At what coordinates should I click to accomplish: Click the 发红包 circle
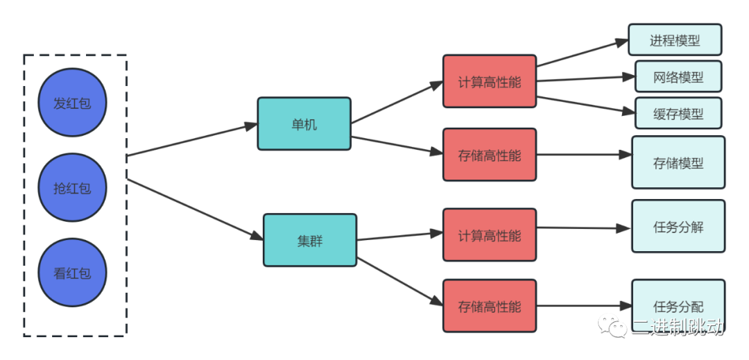[73, 103]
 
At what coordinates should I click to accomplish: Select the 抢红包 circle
[73, 187]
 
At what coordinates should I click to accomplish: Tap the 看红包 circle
[73, 273]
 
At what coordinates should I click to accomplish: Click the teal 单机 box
[304, 124]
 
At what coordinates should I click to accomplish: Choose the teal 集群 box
[310, 241]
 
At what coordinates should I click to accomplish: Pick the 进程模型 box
[675, 40]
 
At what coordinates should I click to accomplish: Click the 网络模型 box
[678, 77]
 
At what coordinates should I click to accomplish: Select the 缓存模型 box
[678, 114]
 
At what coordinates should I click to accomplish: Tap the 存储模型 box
[678, 162]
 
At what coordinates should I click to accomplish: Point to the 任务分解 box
[678, 226]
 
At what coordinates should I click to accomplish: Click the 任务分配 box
[678, 305]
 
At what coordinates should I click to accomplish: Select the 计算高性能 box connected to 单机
[490, 82]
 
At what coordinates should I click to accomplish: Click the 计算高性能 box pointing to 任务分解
[490, 235]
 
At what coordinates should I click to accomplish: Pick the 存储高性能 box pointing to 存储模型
[490, 155]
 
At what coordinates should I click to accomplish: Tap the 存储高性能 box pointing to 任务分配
[490, 306]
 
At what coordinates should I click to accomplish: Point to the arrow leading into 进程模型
[583, 53]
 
